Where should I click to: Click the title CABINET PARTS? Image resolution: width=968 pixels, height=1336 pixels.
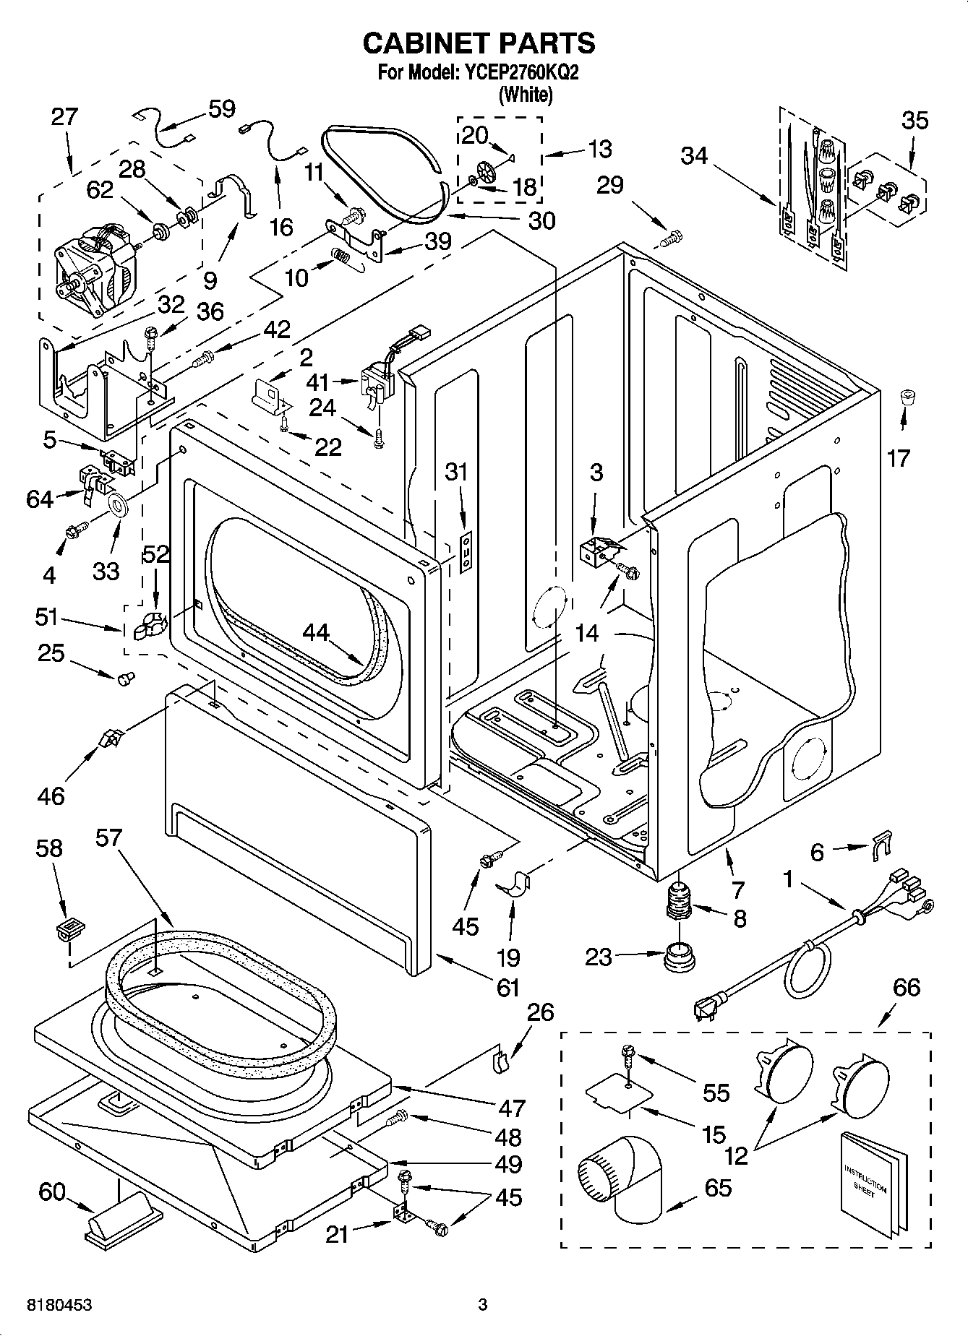(x=479, y=43)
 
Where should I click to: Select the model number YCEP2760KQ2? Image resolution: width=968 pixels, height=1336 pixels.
(x=518, y=73)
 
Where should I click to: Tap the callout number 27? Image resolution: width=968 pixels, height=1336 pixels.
(x=64, y=117)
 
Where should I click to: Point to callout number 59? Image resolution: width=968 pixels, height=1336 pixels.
(x=221, y=108)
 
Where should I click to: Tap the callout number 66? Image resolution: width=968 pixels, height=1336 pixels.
(x=906, y=987)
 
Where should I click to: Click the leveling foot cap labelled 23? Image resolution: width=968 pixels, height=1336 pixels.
(x=679, y=957)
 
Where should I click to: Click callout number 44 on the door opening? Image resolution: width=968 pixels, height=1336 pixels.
(x=316, y=633)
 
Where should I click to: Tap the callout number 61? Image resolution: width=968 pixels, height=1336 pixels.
(x=508, y=987)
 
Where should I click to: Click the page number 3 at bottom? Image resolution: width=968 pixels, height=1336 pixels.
(x=482, y=1305)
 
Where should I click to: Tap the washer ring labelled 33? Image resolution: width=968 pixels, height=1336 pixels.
(x=117, y=504)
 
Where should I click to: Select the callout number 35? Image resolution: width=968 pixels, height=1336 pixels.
(x=915, y=120)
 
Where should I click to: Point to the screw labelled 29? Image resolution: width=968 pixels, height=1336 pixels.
(x=672, y=236)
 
